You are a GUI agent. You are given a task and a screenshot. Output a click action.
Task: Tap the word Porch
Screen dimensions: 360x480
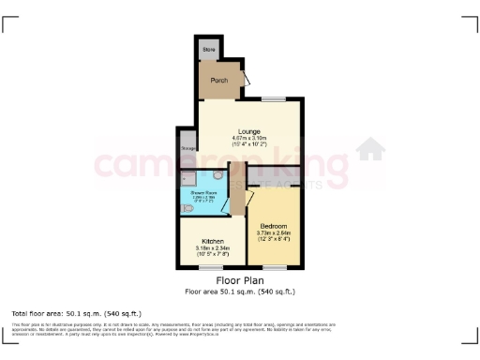(x=218, y=81)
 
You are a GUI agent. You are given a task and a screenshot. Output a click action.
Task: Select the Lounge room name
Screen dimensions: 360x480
(x=248, y=131)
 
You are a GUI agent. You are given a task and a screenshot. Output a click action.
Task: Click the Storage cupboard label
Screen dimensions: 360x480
(x=187, y=148)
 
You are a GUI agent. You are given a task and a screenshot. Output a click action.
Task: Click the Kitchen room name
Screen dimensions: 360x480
(x=211, y=240)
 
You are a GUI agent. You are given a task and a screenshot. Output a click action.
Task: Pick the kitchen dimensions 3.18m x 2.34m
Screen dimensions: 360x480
(x=211, y=250)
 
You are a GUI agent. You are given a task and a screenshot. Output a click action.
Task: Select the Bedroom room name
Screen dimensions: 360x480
(x=274, y=226)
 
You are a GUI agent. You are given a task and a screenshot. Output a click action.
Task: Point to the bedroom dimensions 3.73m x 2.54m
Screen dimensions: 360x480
(x=274, y=235)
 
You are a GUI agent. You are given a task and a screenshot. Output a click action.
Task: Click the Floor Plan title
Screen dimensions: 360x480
(x=239, y=280)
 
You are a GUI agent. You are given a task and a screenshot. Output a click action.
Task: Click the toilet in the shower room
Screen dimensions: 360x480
(x=218, y=175)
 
